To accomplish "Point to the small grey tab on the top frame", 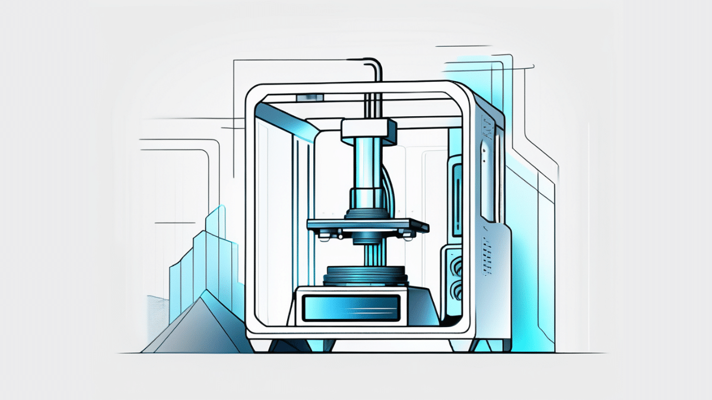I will click(x=311, y=97).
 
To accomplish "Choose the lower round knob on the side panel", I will click(x=458, y=290).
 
